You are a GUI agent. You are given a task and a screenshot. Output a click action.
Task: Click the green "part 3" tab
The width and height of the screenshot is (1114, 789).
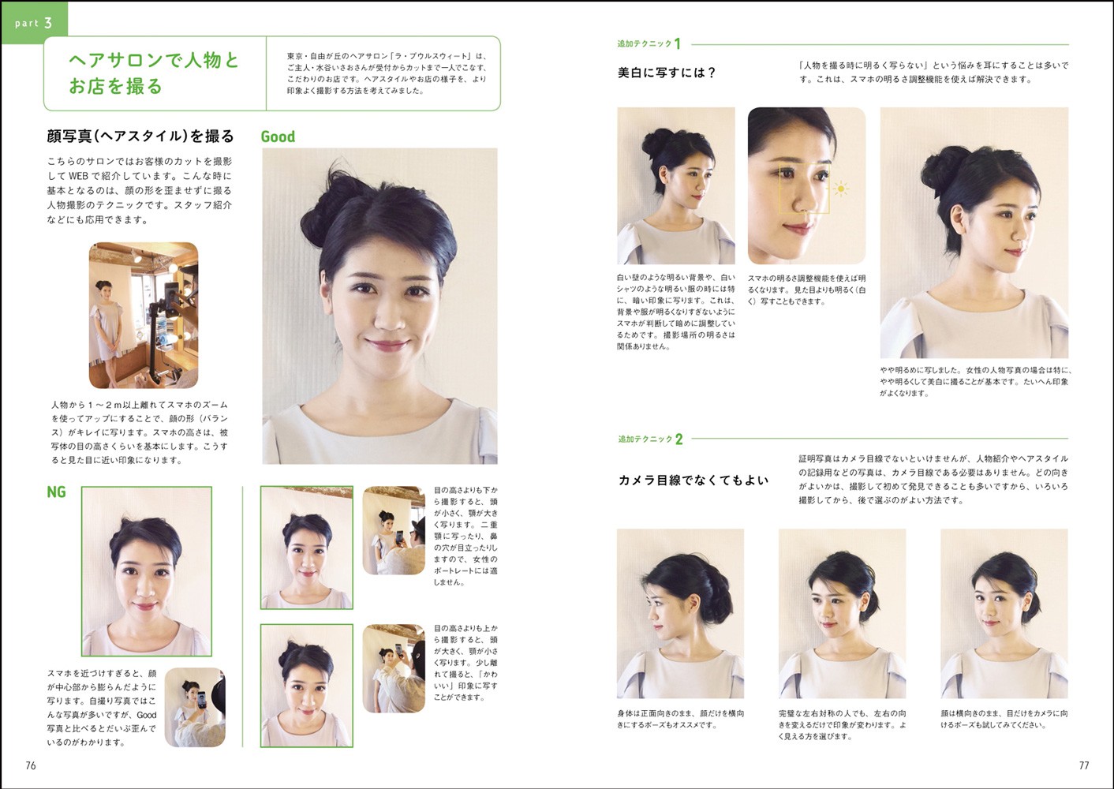click(x=34, y=23)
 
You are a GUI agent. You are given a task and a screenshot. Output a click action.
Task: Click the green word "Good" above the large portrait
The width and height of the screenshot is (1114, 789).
click(x=278, y=136)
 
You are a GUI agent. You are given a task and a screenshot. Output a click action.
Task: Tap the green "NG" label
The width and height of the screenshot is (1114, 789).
click(x=56, y=492)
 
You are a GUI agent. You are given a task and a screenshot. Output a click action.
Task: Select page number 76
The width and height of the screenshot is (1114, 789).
click(x=31, y=765)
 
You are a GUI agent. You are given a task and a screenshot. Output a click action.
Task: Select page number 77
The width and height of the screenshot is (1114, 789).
click(x=1084, y=765)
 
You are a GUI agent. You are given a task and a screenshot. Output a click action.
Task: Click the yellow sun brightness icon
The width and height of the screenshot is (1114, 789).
click(x=840, y=189)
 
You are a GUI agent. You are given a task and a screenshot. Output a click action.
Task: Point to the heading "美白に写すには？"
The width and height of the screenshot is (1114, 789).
click(x=667, y=73)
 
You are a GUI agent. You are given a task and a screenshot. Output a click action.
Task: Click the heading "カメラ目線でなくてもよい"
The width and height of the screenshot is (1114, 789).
click(x=693, y=480)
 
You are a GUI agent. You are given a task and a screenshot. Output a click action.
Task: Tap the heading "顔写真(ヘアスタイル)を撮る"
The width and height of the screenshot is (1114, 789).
click(x=140, y=136)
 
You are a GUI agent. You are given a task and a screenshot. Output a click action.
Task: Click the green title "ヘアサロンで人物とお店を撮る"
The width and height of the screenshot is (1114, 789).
click(x=154, y=73)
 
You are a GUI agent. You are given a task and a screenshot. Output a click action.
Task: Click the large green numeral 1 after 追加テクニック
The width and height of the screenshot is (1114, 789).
click(x=677, y=43)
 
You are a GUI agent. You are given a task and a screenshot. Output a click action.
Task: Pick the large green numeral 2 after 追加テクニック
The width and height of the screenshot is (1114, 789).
click(x=678, y=439)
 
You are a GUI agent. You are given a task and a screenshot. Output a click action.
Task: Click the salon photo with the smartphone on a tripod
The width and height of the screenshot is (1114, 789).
click(x=144, y=316)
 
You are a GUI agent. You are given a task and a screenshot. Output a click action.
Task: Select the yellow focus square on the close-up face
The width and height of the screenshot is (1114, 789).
click(x=804, y=189)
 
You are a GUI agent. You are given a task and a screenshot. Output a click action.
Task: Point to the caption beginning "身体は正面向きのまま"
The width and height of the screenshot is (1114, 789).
click(x=680, y=720)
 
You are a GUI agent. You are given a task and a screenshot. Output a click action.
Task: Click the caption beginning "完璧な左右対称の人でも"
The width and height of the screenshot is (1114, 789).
click(x=843, y=725)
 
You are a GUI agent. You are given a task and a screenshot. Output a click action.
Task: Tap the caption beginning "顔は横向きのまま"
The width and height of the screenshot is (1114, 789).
click(x=1004, y=720)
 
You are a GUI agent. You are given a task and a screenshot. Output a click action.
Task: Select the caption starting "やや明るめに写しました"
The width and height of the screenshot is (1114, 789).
click(x=976, y=382)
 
